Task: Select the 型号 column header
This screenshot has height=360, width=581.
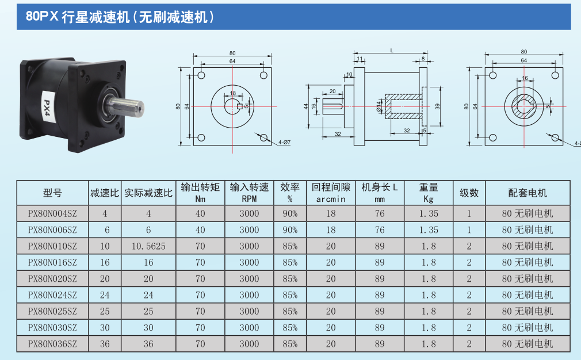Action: [x=52, y=193]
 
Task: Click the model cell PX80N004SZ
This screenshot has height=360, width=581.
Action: [x=52, y=214]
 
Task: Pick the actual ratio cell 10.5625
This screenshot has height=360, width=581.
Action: [x=148, y=246]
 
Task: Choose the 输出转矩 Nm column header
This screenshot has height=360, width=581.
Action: [x=200, y=193]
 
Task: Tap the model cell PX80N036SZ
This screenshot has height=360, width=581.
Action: [x=52, y=344]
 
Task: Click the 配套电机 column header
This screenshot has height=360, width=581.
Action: [x=528, y=193]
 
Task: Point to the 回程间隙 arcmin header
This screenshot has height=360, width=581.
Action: [x=331, y=193]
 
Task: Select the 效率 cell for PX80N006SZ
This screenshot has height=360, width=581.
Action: [x=290, y=230]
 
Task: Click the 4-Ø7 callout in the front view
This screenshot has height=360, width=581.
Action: [x=284, y=142]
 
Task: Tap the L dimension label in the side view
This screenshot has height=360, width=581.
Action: [x=392, y=51]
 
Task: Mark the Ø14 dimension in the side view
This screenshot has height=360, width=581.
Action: [x=379, y=106]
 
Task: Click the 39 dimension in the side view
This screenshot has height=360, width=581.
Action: [x=438, y=106]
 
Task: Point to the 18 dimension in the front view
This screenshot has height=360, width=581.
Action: [x=233, y=93]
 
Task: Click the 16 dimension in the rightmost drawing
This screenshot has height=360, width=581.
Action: [x=525, y=78]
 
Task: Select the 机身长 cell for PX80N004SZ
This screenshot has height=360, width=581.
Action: [x=380, y=214]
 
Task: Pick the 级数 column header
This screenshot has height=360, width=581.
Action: [x=469, y=193]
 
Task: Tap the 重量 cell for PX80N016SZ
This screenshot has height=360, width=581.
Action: [x=429, y=263]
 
